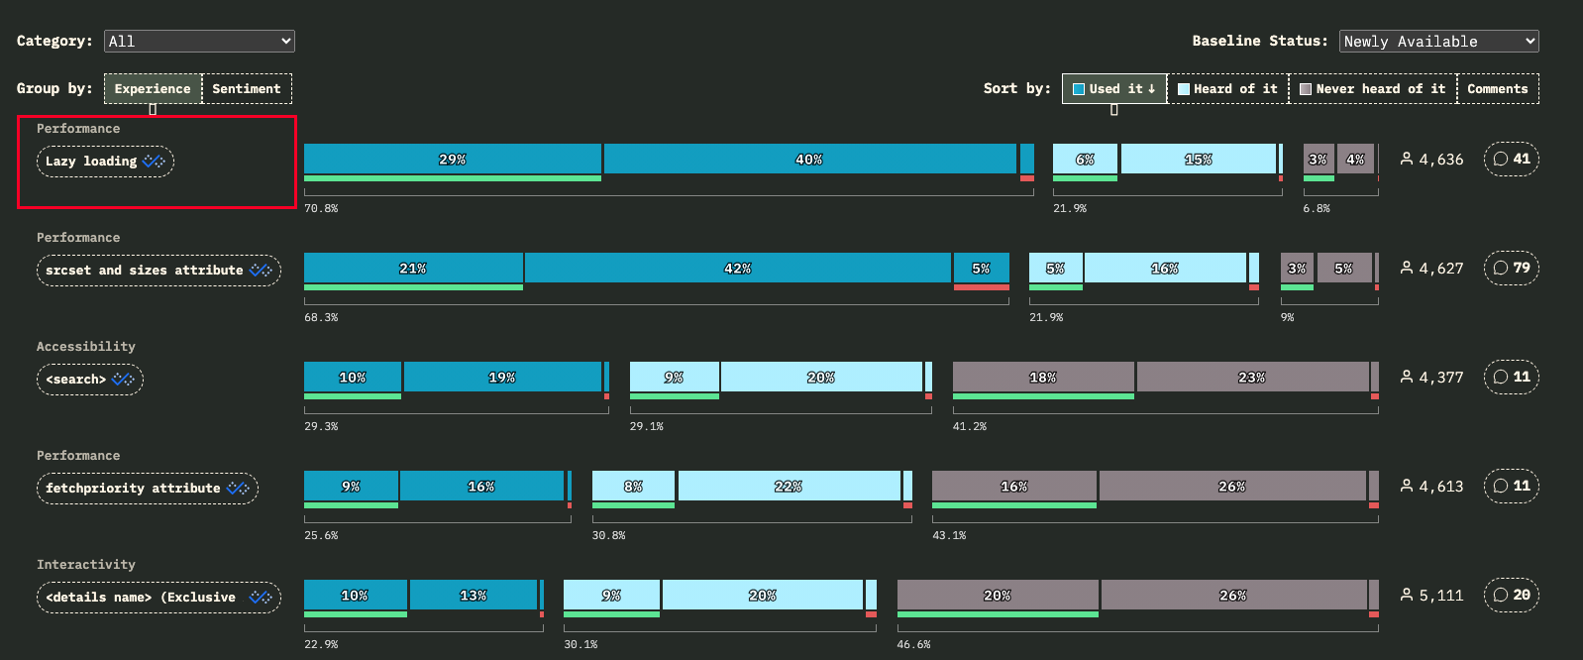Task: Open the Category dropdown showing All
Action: (199, 41)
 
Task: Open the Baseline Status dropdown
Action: (1438, 41)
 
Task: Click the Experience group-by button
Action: (153, 88)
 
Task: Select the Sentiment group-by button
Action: (247, 88)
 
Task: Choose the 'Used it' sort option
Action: (1114, 88)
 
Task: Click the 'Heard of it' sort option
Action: (1228, 88)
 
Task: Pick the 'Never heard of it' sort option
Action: (1373, 88)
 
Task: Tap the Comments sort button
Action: (1497, 88)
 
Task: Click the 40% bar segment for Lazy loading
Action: (809, 159)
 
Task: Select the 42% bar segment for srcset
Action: (737, 268)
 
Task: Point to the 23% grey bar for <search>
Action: (1252, 377)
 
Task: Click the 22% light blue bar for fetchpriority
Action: (789, 486)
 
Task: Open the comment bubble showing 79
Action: (1512, 268)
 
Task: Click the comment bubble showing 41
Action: (1512, 159)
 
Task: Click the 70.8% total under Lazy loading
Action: (321, 208)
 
